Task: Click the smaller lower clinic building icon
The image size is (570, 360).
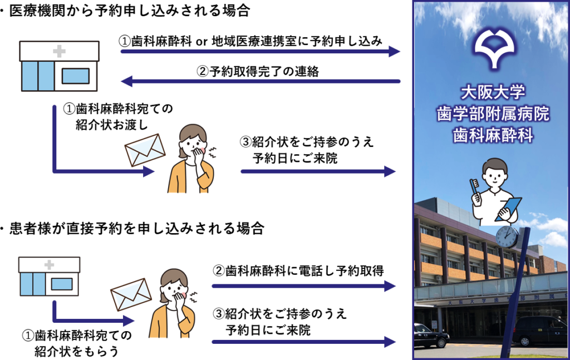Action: pos(49,277)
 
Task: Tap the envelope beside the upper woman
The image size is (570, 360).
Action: pos(145,150)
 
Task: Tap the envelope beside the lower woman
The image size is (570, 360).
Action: pos(131,294)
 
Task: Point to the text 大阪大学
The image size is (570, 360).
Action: pos(493,92)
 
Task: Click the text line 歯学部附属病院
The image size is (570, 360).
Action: pos(493,114)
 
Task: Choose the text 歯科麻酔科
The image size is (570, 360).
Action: pos(493,136)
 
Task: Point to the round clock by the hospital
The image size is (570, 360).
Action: pos(507,237)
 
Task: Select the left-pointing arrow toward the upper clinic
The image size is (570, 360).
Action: pos(261,82)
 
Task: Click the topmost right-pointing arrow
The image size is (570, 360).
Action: pos(261,52)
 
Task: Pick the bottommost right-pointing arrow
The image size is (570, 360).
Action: pos(304,342)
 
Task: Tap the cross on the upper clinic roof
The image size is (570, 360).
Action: pos(59,52)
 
